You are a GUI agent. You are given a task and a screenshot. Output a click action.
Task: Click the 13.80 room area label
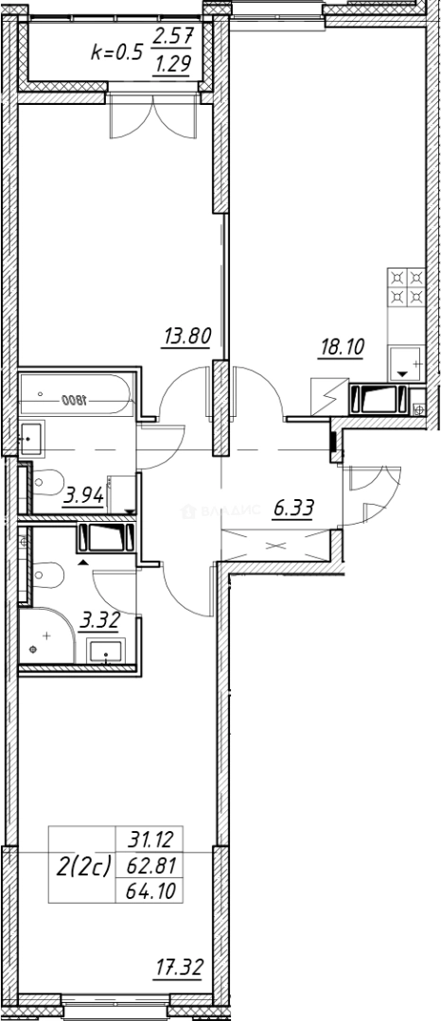(x=185, y=336)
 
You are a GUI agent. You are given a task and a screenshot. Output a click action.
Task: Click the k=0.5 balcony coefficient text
(x=115, y=51)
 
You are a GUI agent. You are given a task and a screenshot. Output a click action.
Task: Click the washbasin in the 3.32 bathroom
(x=106, y=651)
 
